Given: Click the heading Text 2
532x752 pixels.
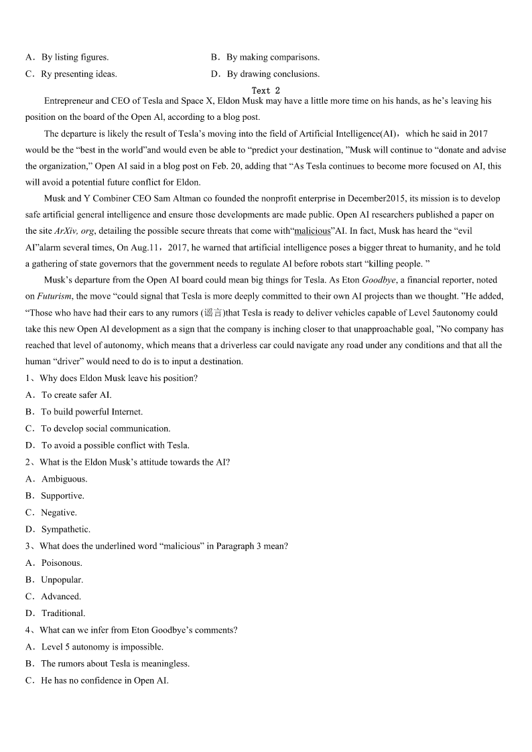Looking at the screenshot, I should click(265, 90).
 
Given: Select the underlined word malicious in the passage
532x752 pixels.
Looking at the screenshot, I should click(312, 231).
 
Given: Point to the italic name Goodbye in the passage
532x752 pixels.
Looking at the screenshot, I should click(379, 280).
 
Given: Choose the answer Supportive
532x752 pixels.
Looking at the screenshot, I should click(62, 496).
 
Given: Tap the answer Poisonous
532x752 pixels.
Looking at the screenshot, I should click(62, 563).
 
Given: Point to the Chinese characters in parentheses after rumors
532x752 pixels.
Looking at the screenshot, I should click(214, 313).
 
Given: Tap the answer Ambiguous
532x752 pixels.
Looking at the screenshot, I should click(64, 479).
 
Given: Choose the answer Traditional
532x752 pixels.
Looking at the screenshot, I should click(63, 613).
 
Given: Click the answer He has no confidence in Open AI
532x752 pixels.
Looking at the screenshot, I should click(105, 680).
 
